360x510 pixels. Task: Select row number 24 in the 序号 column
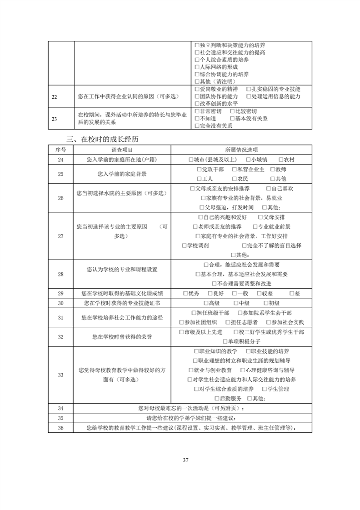61,160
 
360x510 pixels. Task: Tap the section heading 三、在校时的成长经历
106,139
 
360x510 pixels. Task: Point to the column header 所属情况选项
241,150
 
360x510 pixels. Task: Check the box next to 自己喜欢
268,188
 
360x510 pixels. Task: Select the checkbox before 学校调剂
185,245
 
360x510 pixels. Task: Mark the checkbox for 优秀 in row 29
185,293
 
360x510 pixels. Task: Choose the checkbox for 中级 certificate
236,303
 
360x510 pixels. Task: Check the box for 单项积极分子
225,341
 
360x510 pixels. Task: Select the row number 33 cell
61,375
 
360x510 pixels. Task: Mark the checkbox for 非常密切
197,111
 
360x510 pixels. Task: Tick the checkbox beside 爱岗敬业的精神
197,89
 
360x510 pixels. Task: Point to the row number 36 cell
61,428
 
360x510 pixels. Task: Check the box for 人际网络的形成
197,67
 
